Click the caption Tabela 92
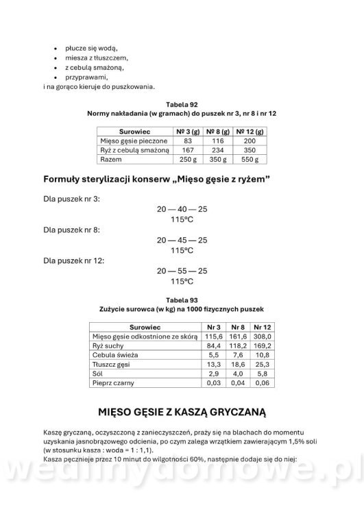click(182, 103)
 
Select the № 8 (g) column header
click(221, 130)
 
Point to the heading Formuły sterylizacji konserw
click(155, 180)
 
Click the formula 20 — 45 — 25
click(182, 241)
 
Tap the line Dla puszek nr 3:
click(71, 199)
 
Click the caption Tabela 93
click(182, 300)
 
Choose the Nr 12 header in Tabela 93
click(263, 327)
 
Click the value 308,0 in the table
click(263, 336)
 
